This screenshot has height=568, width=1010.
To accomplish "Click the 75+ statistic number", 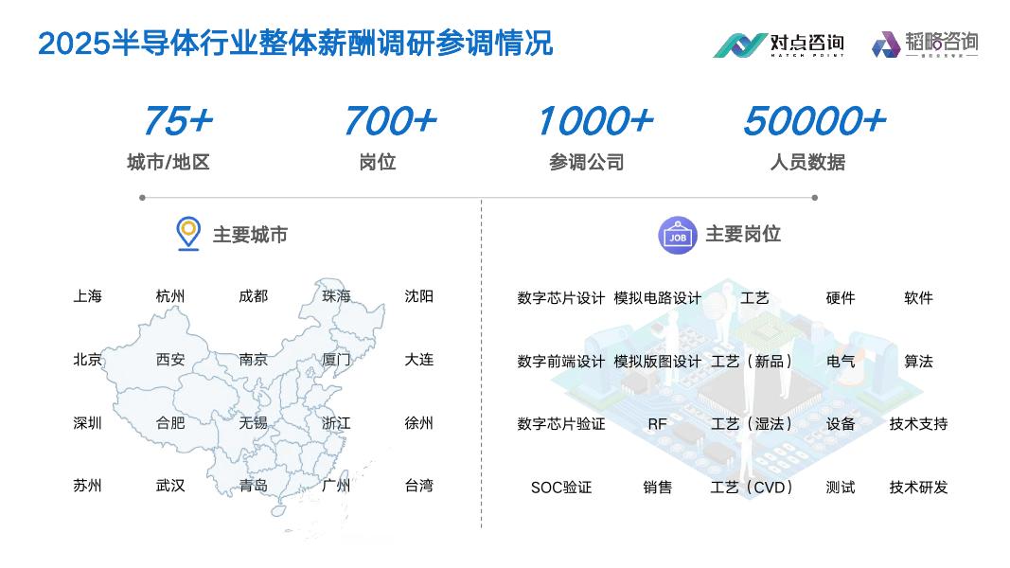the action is click(x=178, y=121).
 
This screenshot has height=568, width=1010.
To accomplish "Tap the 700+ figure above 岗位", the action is click(x=389, y=121).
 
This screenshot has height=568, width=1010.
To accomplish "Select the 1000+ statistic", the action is click(x=594, y=121).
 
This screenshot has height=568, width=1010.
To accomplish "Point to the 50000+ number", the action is click(x=813, y=121).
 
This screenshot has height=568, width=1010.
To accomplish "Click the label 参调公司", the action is click(x=587, y=163).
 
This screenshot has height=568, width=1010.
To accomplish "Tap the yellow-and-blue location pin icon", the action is click(x=188, y=233).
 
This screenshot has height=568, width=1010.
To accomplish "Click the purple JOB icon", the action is click(x=678, y=235).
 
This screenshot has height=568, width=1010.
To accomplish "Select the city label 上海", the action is click(x=87, y=296).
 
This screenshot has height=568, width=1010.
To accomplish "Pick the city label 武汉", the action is click(x=170, y=486).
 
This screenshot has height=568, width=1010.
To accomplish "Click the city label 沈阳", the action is click(x=418, y=296).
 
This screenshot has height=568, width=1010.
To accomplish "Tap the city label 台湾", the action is click(x=418, y=486).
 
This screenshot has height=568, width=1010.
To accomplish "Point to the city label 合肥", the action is click(x=170, y=423).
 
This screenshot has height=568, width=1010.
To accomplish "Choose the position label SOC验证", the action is click(x=561, y=488).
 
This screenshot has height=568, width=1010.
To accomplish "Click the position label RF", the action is click(x=657, y=424).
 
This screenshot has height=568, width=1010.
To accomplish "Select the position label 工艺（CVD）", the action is click(x=753, y=488).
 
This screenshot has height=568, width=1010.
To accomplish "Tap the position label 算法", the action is click(x=918, y=362).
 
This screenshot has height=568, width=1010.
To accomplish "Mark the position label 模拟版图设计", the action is click(x=658, y=362).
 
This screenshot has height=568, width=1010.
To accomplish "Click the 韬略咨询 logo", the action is click(x=925, y=44).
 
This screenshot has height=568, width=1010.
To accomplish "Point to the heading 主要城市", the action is click(x=250, y=235).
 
